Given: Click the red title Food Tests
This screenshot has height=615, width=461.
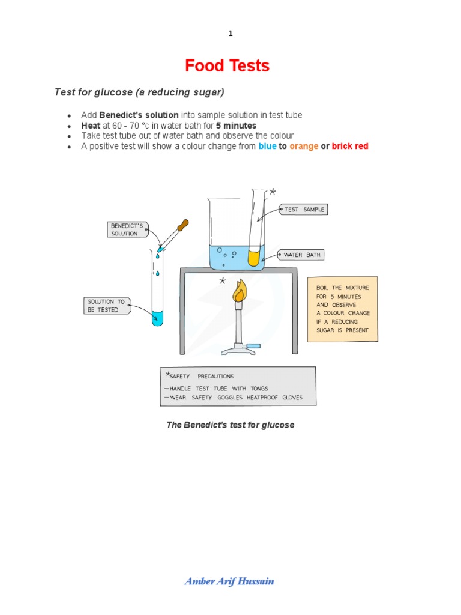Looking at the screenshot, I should click(227, 65).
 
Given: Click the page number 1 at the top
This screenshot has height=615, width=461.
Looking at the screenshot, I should click(230, 34).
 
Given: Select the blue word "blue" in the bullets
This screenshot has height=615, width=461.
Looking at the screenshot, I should click(267, 146).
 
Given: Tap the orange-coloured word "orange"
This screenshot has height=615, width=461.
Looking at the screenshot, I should click(303, 146).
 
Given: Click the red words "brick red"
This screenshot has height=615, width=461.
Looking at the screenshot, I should click(350, 146).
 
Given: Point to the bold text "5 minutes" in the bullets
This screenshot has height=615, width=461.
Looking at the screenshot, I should click(236, 126).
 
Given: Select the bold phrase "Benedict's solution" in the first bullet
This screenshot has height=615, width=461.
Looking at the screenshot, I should click(139, 115).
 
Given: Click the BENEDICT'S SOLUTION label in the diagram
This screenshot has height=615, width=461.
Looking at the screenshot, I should click(127, 229).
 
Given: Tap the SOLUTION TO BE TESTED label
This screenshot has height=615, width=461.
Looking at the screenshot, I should click(106, 306).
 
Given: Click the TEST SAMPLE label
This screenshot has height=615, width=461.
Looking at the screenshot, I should click(304, 210).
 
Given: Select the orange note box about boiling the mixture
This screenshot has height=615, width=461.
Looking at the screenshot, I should click(343, 309).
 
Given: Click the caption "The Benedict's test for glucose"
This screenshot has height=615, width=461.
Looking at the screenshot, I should click(230, 425).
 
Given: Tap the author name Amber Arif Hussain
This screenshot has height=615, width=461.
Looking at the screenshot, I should click(230, 581).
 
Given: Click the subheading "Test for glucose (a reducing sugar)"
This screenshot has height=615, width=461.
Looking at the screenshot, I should click(139, 92).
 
